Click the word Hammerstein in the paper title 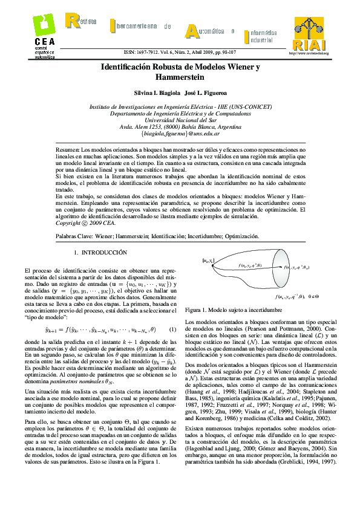(180, 77)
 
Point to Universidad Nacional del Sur (179, 119)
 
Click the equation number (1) (172, 329)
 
